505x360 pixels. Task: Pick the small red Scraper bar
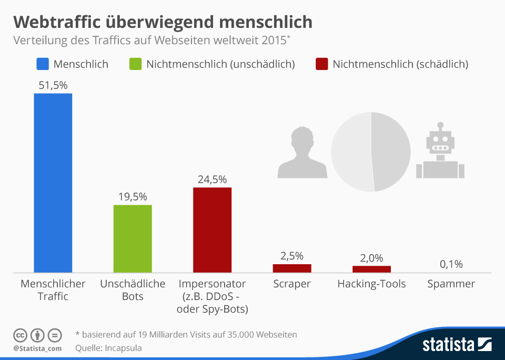coord(292,268)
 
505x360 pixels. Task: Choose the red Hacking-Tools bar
coord(371,269)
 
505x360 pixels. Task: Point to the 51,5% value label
coord(53,85)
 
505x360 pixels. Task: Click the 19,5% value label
coord(133,197)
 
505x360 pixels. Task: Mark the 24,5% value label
coord(212,179)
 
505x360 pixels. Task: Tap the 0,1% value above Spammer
coord(451,264)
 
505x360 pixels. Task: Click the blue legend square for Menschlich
coord(43,64)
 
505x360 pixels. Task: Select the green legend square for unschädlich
coord(136,64)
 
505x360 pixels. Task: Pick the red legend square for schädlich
coord(322,64)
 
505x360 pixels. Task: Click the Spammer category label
coord(451,284)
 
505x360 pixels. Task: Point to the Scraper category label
coord(292,284)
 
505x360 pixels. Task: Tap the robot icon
coord(440,153)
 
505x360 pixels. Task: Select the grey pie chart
coord(371,152)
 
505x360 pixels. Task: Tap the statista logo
coord(457,345)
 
